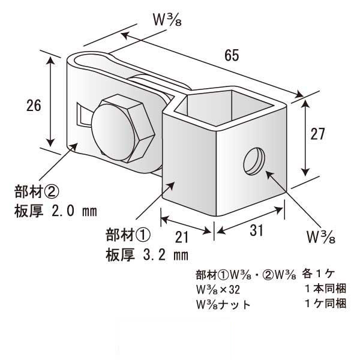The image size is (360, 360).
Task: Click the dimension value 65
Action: point(232,56)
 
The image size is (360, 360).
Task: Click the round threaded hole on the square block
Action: point(253,161)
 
